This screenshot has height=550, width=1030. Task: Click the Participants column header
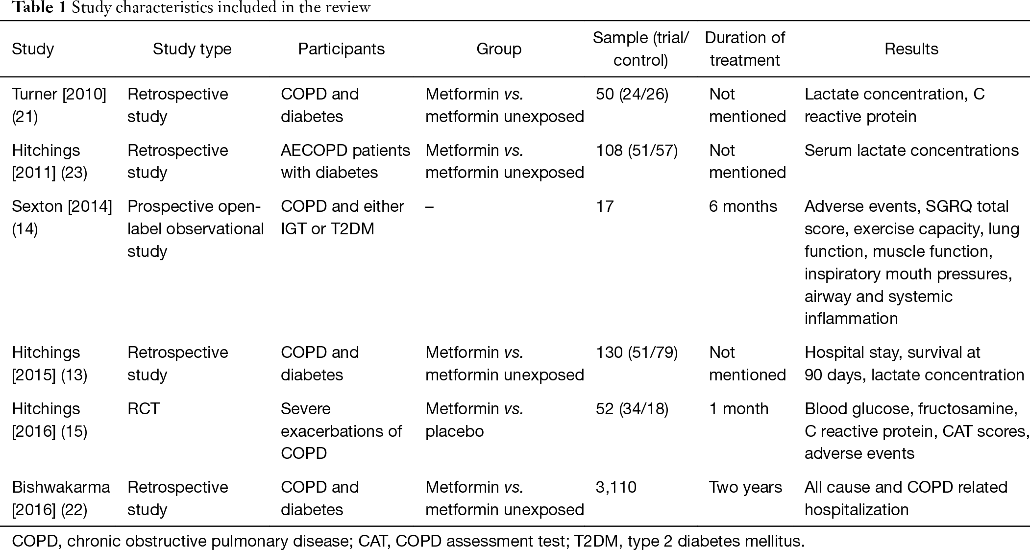point(341,49)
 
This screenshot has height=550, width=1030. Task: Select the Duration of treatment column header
point(745,49)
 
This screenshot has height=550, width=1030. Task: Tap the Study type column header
point(192,49)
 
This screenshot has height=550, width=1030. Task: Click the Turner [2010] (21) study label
point(59,105)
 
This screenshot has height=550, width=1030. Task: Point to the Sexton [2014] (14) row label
point(62,217)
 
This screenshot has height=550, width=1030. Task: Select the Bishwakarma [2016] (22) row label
point(61,498)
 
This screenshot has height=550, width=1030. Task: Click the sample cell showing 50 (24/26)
point(632,94)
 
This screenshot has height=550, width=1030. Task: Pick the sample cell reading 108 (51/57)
point(637,150)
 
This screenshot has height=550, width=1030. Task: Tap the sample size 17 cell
point(605,206)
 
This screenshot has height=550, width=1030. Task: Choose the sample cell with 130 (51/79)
point(637,352)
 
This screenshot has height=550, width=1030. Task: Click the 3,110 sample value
point(616,487)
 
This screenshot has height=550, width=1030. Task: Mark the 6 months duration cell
point(743,206)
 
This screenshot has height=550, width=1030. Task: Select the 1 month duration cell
point(738,409)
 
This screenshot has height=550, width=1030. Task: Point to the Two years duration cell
point(745,487)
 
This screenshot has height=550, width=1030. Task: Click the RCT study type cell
point(144,409)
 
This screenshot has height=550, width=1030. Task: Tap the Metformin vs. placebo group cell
point(474,420)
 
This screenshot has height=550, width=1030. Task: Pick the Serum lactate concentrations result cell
point(911,150)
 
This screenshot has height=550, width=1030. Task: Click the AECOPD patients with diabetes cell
point(345,161)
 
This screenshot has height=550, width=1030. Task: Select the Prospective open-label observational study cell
point(196,228)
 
